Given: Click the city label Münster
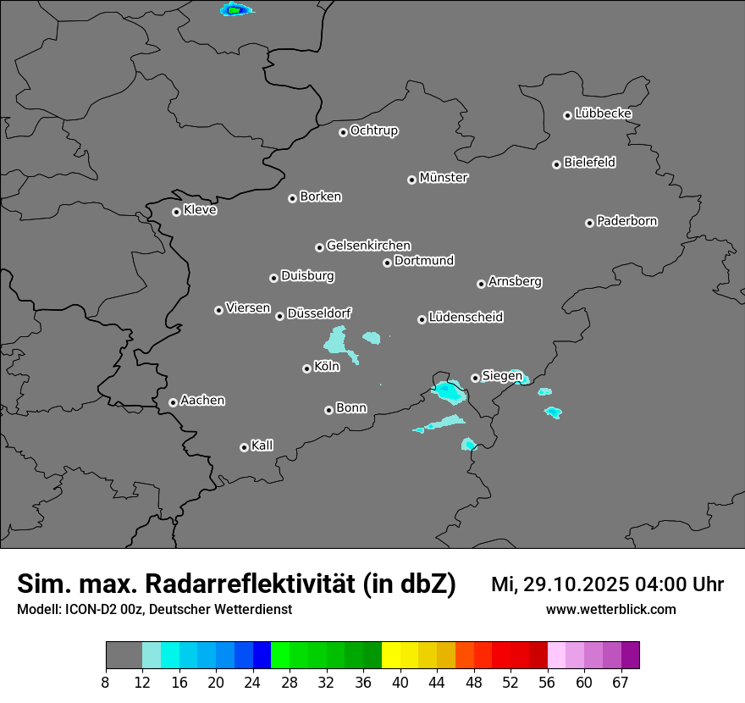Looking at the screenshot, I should point(444,178).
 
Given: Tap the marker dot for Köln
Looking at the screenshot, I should point(306,368).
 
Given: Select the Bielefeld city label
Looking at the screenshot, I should point(589,163).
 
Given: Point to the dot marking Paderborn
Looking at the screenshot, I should point(589,223).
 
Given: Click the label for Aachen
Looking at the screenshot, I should point(202,401).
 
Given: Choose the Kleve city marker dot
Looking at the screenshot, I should point(176,212).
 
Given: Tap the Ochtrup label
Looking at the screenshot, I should point(374,131).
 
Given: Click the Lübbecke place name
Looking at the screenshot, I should point(603,113).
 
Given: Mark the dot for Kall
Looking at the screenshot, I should point(244,447).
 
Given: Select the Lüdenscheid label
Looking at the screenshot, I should point(466,318).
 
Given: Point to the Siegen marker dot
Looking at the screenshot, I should point(475,378).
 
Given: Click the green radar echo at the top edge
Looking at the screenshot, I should point(235,10).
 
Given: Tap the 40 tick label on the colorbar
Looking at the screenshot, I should point(400,682).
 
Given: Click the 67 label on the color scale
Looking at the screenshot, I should point(621,682).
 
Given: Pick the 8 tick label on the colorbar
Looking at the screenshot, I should point(106,682).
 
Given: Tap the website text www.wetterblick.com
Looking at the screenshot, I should point(610,609).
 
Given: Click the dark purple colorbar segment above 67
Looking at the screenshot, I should point(630,656).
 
